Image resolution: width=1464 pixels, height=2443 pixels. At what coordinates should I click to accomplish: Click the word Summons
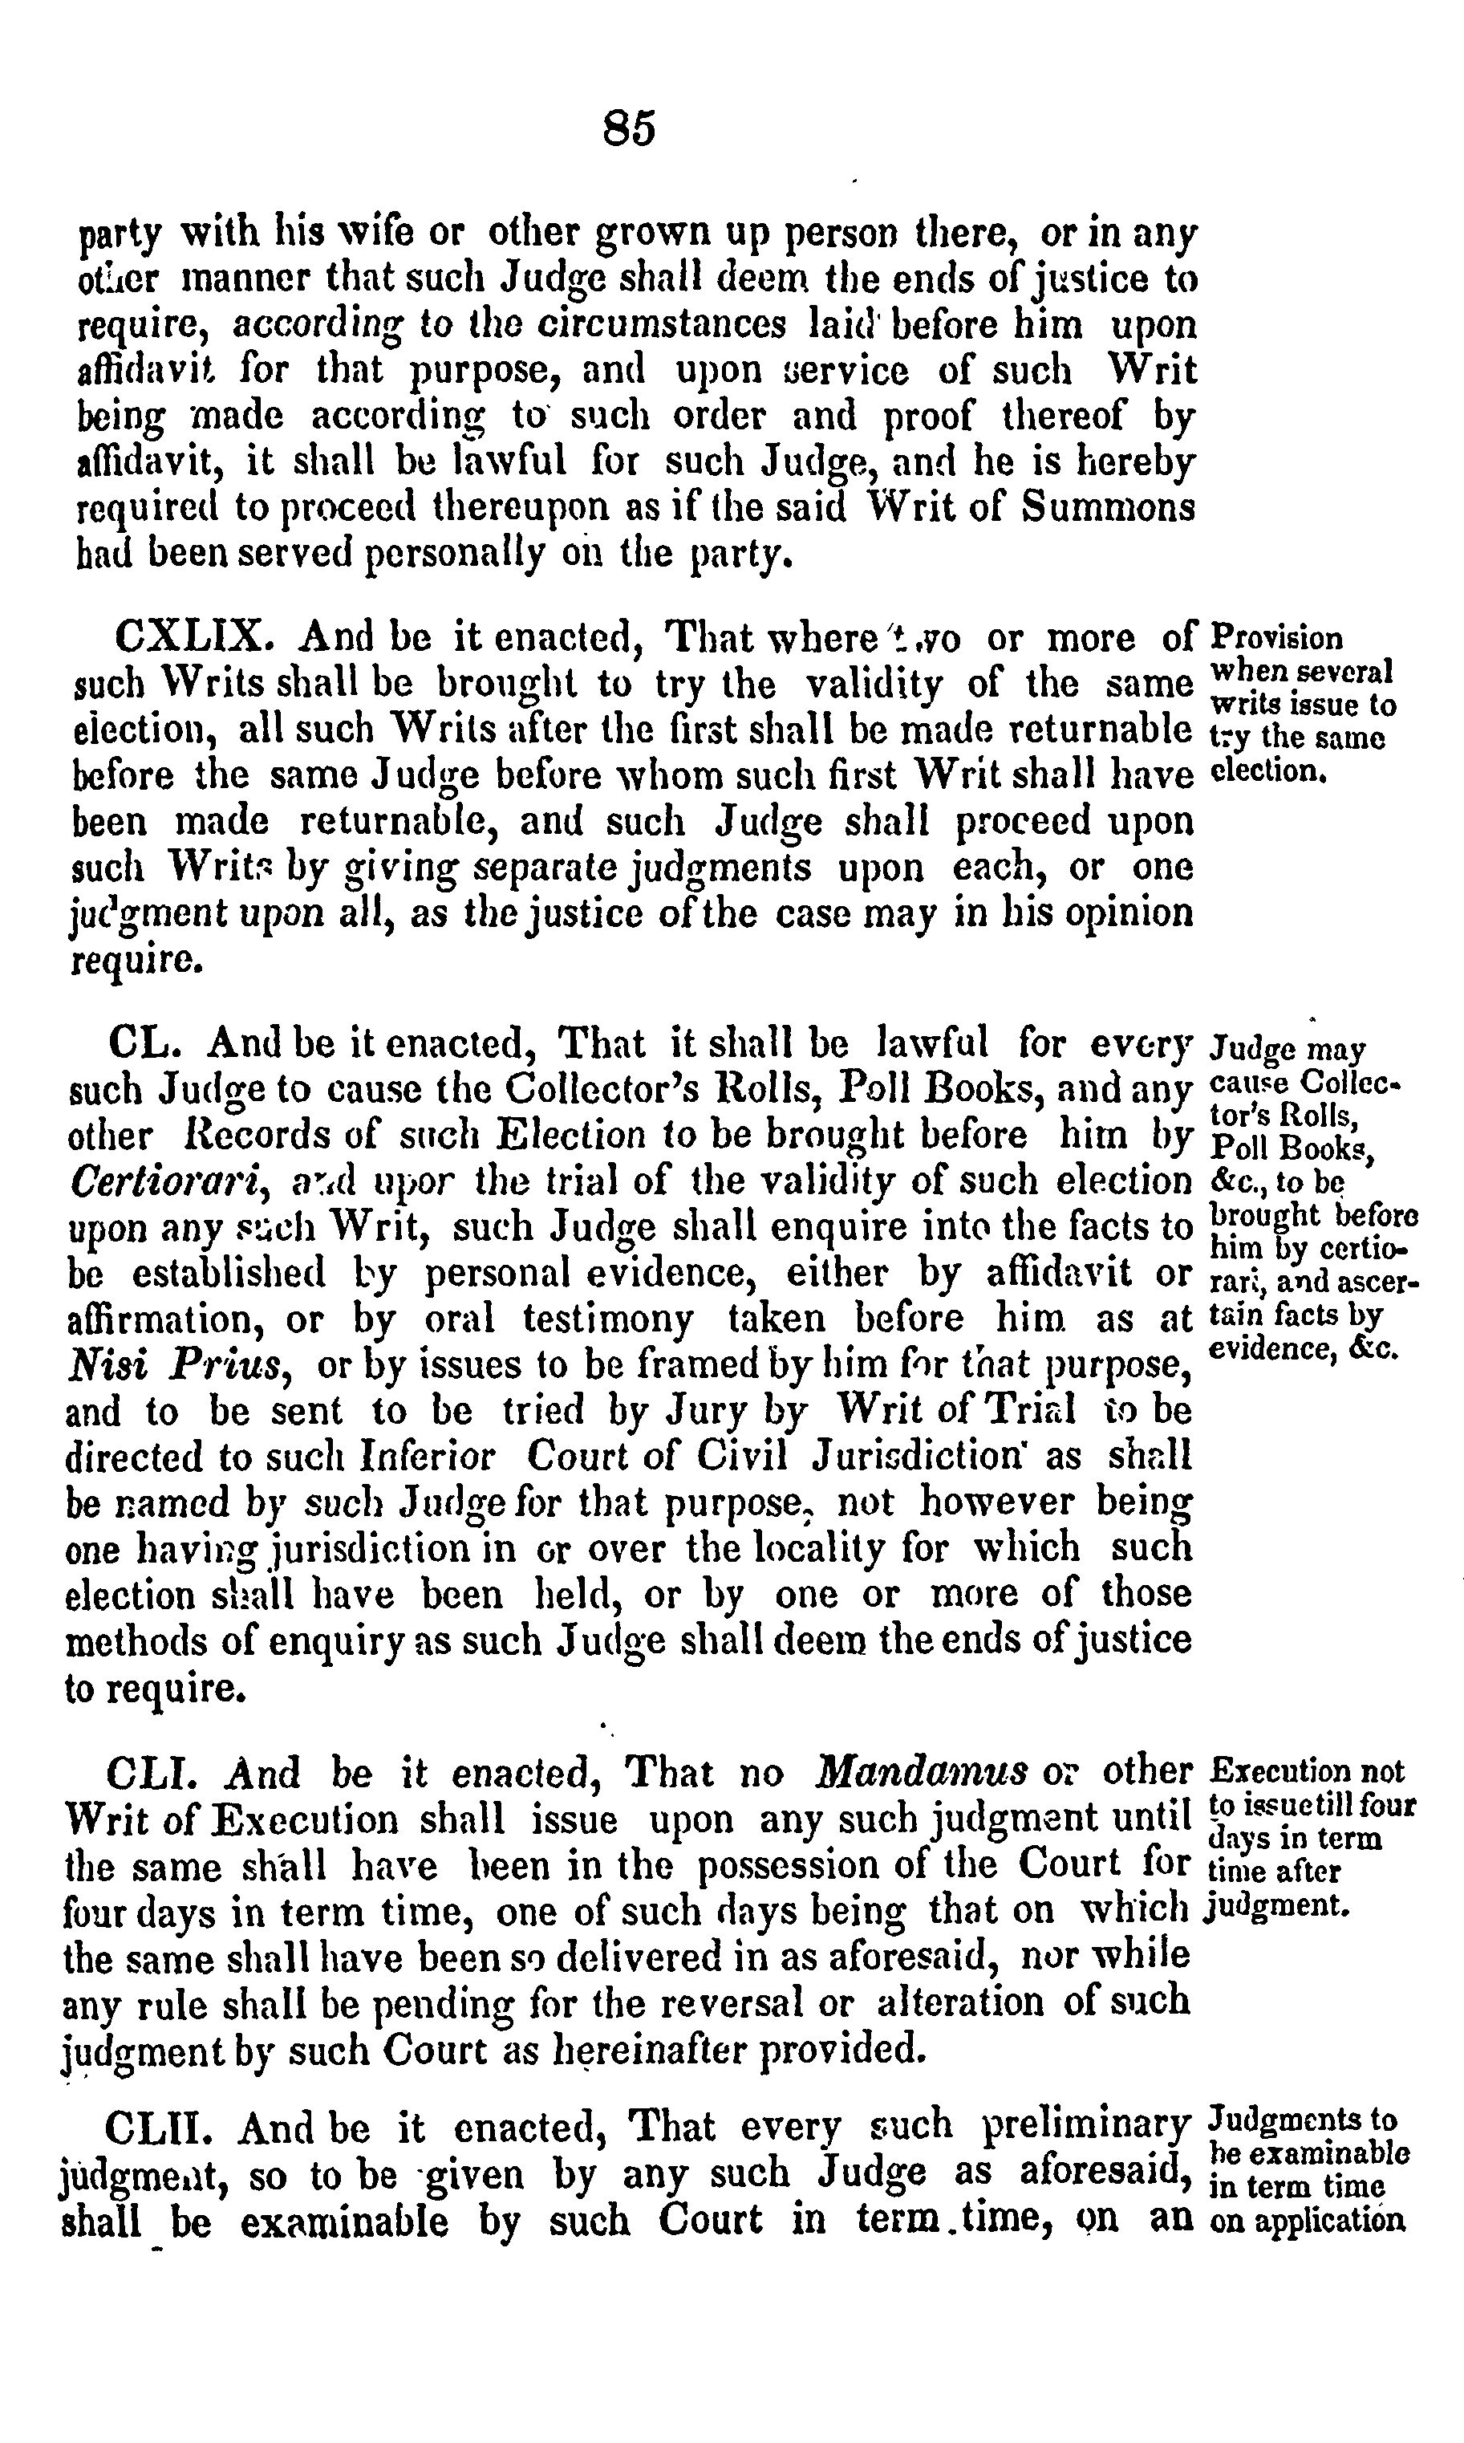1108,507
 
